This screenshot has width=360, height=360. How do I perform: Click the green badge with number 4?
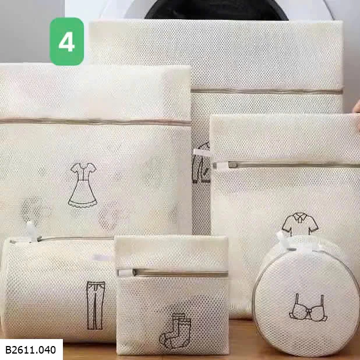(66, 41)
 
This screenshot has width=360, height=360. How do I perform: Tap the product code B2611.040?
(30, 350)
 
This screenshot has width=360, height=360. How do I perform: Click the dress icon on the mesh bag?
(83, 185)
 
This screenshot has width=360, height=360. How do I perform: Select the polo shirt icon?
(300, 224)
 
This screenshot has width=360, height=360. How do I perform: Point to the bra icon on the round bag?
(308, 307)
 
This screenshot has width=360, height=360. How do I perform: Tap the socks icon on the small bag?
(175, 331)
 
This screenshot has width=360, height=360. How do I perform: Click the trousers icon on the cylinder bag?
(96, 305)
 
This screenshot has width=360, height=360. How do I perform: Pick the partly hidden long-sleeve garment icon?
(201, 163)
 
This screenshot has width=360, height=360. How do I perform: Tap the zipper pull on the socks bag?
(126, 273)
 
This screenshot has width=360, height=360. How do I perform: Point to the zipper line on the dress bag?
(96, 121)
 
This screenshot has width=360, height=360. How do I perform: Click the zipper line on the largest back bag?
(267, 91)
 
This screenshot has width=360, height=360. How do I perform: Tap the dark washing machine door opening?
(217, 10)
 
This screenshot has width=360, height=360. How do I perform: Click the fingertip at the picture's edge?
(357, 107)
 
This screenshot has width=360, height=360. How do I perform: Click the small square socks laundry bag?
(172, 295)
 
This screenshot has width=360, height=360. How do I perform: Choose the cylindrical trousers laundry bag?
(59, 290)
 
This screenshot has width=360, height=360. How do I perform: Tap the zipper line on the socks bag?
(181, 273)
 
